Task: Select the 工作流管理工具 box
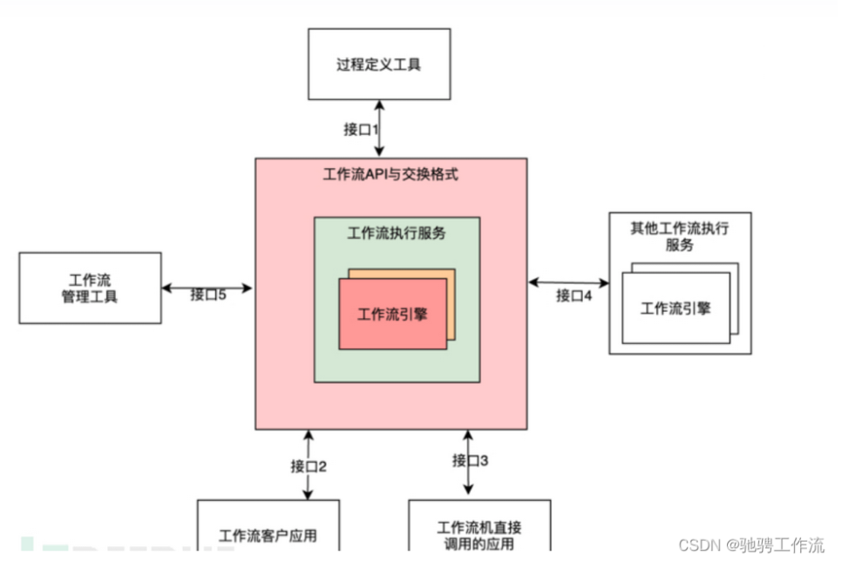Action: point(90,288)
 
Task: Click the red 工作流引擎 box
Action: point(391,314)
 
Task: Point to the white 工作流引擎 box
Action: point(675,308)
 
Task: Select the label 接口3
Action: point(470,459)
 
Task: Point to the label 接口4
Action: point(574,295)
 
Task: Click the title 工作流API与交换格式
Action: point(390,174)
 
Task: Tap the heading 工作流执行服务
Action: point(397,233)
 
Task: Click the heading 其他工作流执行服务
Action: point(679,236)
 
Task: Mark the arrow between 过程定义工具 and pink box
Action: point(379,128)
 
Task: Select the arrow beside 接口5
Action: point(208,286)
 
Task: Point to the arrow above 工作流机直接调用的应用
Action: point(468,462)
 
